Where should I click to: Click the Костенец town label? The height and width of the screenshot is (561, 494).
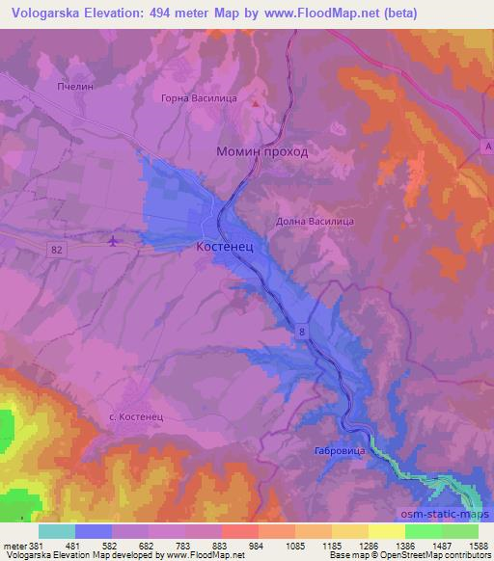coord(227,248)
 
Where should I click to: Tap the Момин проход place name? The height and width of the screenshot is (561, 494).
coord(261,151)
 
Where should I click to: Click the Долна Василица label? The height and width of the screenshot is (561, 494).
coord(316,221)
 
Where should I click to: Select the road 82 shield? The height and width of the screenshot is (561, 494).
coord(60,250)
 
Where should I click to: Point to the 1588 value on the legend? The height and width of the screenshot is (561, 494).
coord(473,546)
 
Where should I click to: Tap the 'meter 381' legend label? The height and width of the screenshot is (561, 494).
coord(21,546)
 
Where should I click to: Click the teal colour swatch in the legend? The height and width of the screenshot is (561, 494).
coord(57,531)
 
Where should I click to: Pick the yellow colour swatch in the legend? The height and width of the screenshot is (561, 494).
coord(386,531)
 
